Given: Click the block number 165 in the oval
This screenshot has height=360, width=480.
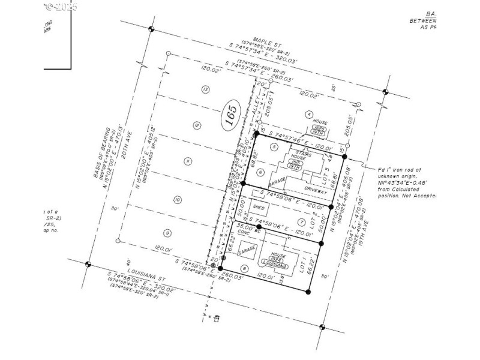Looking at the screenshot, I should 231,113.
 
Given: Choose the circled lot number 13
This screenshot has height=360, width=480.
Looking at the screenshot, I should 206,89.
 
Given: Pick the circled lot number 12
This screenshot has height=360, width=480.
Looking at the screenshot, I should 196,125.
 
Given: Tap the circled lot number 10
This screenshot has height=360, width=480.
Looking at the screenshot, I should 177,199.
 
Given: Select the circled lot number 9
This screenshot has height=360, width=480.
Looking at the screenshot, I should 167,233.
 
